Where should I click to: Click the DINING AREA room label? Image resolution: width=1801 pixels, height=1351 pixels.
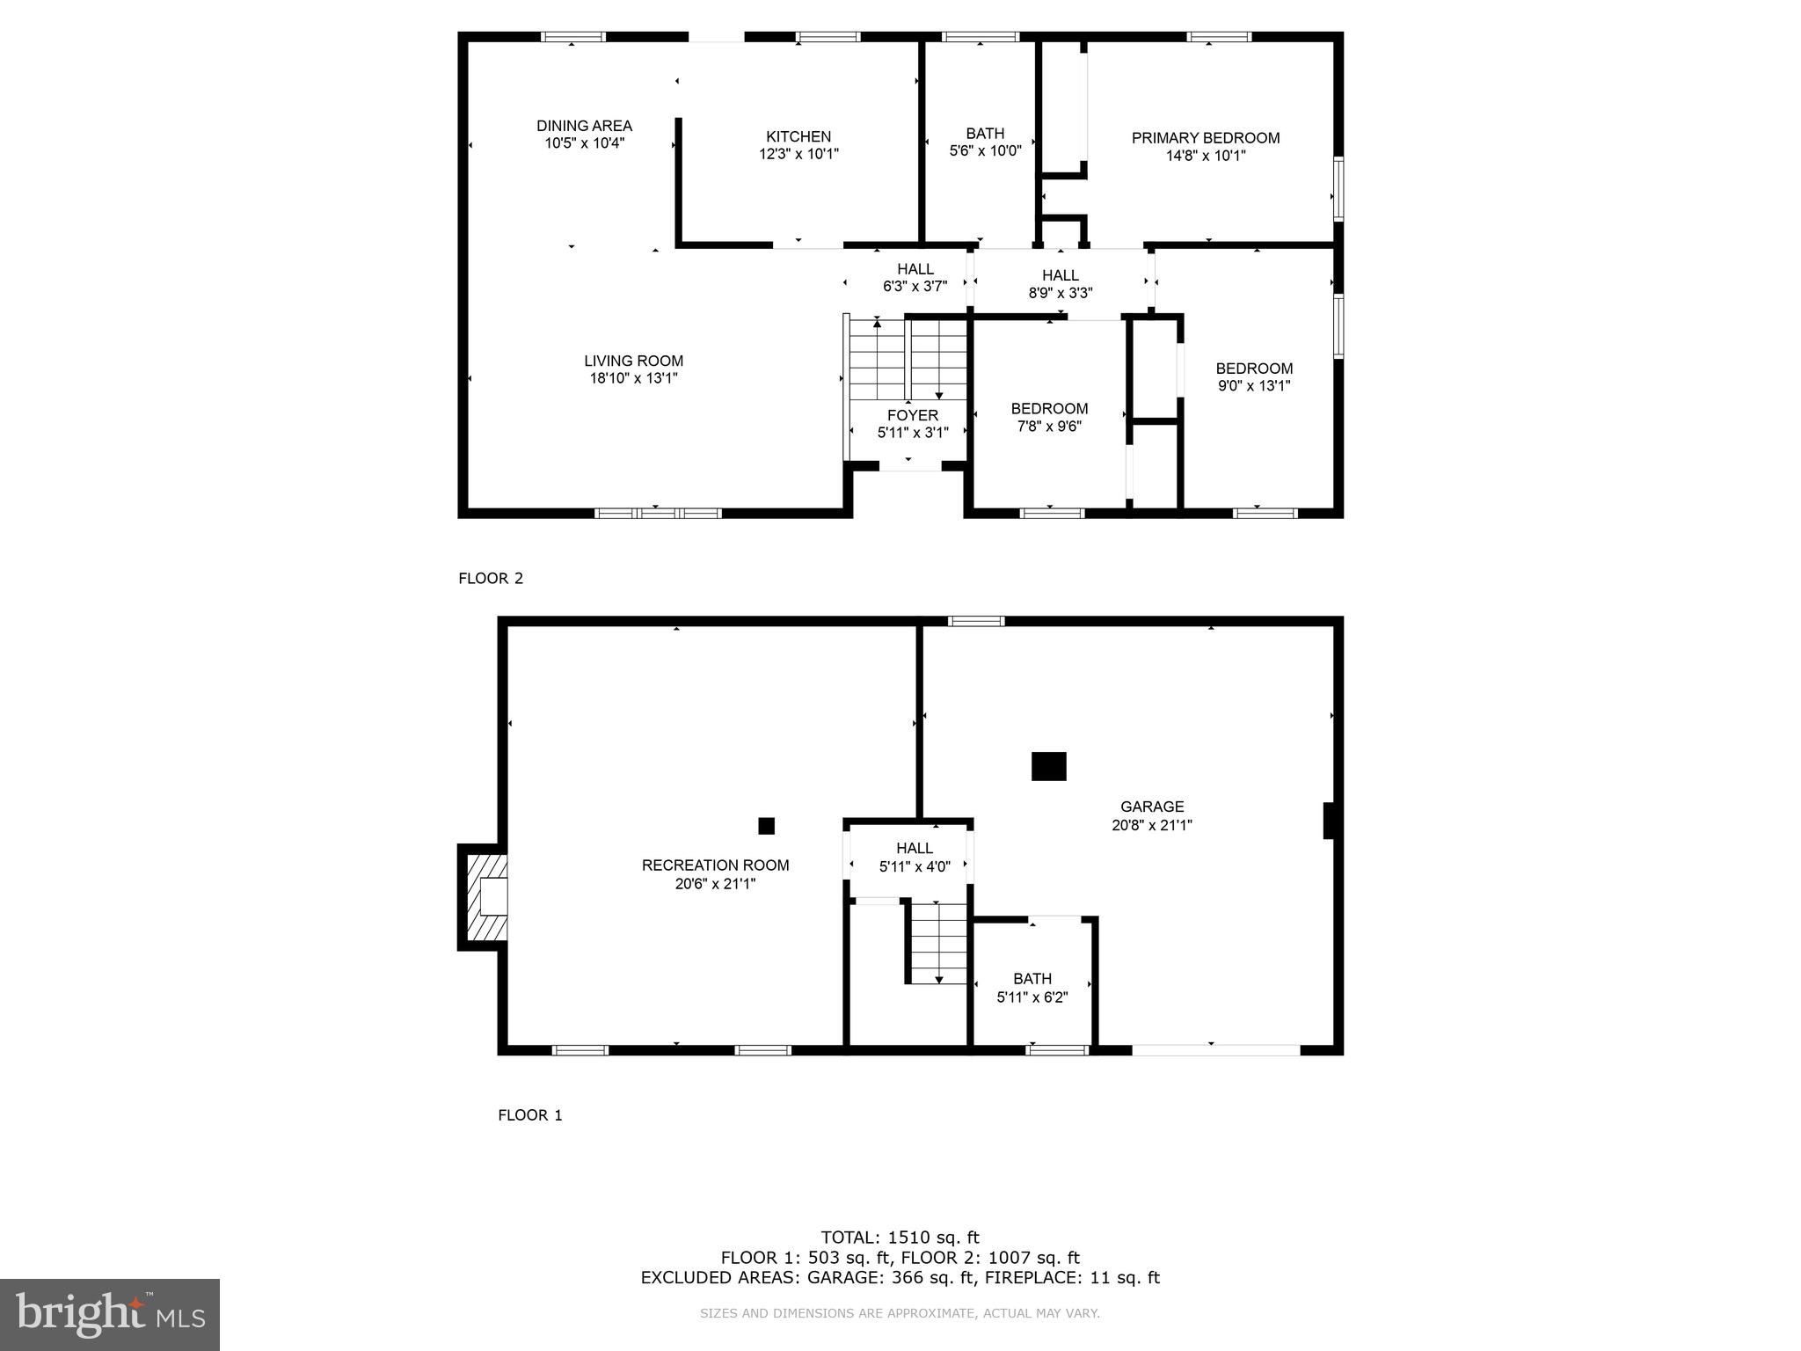(x=584, y=126)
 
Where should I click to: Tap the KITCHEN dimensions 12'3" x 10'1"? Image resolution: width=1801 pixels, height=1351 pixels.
(x=798, y=154)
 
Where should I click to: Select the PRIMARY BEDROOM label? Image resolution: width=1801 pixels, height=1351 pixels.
(x=1205, y=138)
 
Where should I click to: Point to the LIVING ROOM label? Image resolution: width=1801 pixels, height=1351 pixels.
(x=633, y=361)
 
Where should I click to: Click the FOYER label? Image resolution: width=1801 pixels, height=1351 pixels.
(x=912, y=415)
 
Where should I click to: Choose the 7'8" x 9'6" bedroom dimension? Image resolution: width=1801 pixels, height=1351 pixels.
(x=1049, y=427)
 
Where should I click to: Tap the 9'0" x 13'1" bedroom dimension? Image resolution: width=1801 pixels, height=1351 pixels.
(x=1254, y=385)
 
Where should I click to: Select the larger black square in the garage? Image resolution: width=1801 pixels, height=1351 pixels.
(x=1048, y=766)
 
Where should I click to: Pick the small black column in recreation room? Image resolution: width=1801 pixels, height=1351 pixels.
(x=766, y=826)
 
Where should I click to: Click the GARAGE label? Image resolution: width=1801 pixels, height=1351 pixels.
(x=1152, y=807)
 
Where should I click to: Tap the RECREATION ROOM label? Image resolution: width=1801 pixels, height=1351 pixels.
(x=715, y=865)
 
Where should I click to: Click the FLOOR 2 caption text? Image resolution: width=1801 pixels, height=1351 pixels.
(x=491, y=578)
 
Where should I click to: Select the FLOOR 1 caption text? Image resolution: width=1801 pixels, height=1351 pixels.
(x=529, y=1115)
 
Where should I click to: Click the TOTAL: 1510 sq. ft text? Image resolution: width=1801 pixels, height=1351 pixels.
(x=900, y=1238)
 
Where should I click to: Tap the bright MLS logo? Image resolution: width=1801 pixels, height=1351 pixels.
(x=110, y=1315)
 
